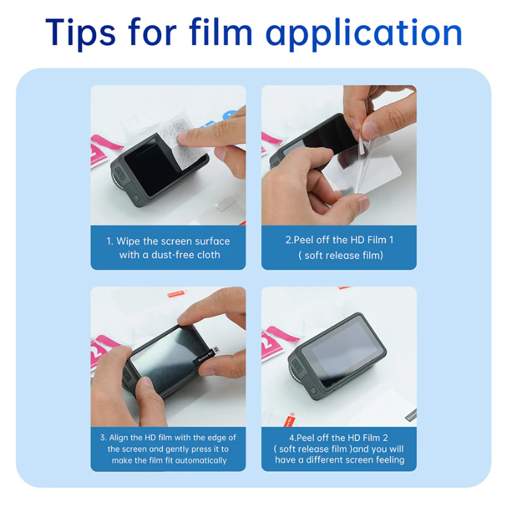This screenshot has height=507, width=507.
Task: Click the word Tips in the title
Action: [x=80, y=32]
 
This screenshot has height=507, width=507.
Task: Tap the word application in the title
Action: [x=364, y=32]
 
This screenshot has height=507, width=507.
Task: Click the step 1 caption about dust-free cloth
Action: [x=168, y=248]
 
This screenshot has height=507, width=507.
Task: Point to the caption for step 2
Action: [x=339, y=247]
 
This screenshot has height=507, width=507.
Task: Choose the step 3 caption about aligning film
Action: [x=168, y=449]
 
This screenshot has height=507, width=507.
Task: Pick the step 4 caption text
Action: [x=339, y=449]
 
